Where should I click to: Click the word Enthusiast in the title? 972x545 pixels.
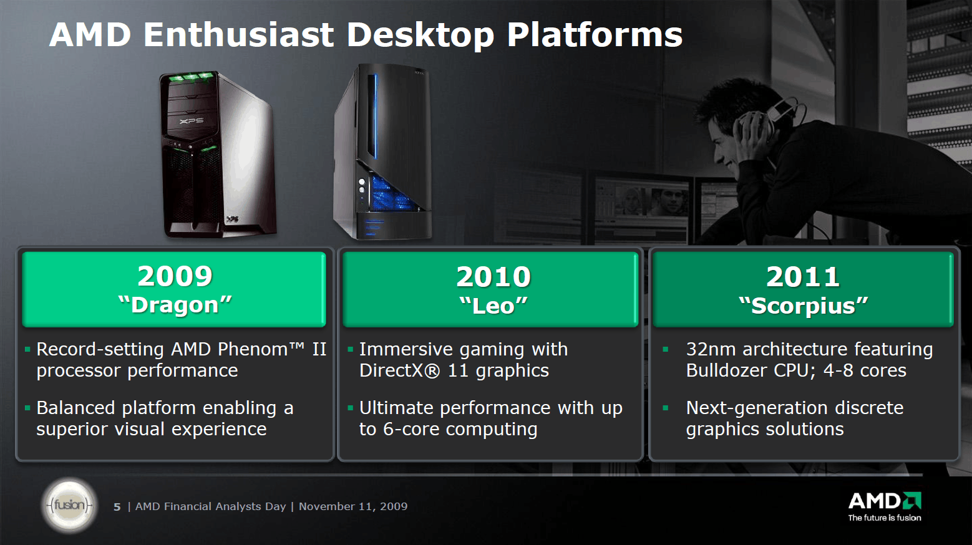pyautogui.click(x=239, y=35)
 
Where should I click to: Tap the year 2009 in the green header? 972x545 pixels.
pyautogui.click(x=175, y=276)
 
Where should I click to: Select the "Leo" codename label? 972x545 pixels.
pyautogui.click(x=493, y=306)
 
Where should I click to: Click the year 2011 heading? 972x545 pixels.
pyautogui.click(x=803, y=277)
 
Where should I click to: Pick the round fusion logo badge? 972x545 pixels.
pyautogui.click(x=69, y=505)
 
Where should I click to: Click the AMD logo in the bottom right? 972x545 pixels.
pyautogui.click(x=885, y=501)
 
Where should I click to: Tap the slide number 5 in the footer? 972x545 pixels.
pyautogui.click(x=117, y=507)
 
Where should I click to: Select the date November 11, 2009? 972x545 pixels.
pyautogui.click(x=353, y=506)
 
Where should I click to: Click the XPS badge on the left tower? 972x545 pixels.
pyautogui.click(x=192, y=120)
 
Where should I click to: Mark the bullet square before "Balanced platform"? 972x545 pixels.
pyautogui.click(x=28, y=408)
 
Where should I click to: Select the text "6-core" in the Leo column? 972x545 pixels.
pyautogui.click(x=410, y=429)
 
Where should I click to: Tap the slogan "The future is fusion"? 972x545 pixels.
pyautogui.click(x=885, y=518)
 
